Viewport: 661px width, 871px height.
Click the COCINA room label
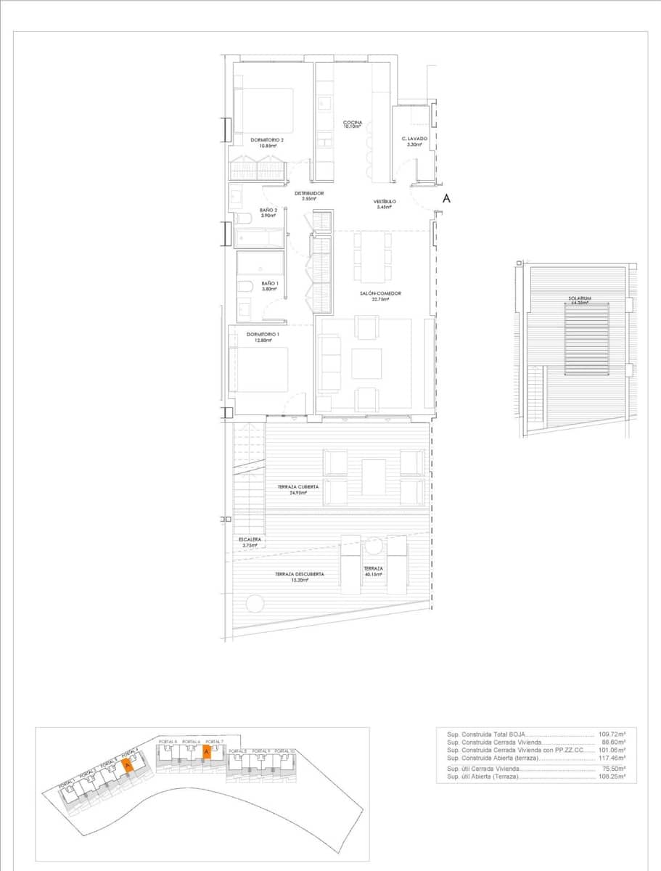353,123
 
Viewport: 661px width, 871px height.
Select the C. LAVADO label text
414,139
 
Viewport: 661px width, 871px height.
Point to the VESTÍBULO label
385,202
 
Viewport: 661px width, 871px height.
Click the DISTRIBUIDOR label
308,193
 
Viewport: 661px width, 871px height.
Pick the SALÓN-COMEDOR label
380,294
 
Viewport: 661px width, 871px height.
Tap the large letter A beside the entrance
447,197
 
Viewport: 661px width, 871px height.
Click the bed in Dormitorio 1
259,370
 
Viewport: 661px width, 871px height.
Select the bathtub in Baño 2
260,238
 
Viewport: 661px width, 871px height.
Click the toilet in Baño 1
245,287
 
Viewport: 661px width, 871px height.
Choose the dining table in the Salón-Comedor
373,257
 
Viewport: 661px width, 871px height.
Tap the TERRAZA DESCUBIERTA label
299,574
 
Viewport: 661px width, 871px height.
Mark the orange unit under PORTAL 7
206,752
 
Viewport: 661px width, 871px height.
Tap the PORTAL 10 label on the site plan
286,751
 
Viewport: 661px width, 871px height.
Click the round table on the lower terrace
255,602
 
